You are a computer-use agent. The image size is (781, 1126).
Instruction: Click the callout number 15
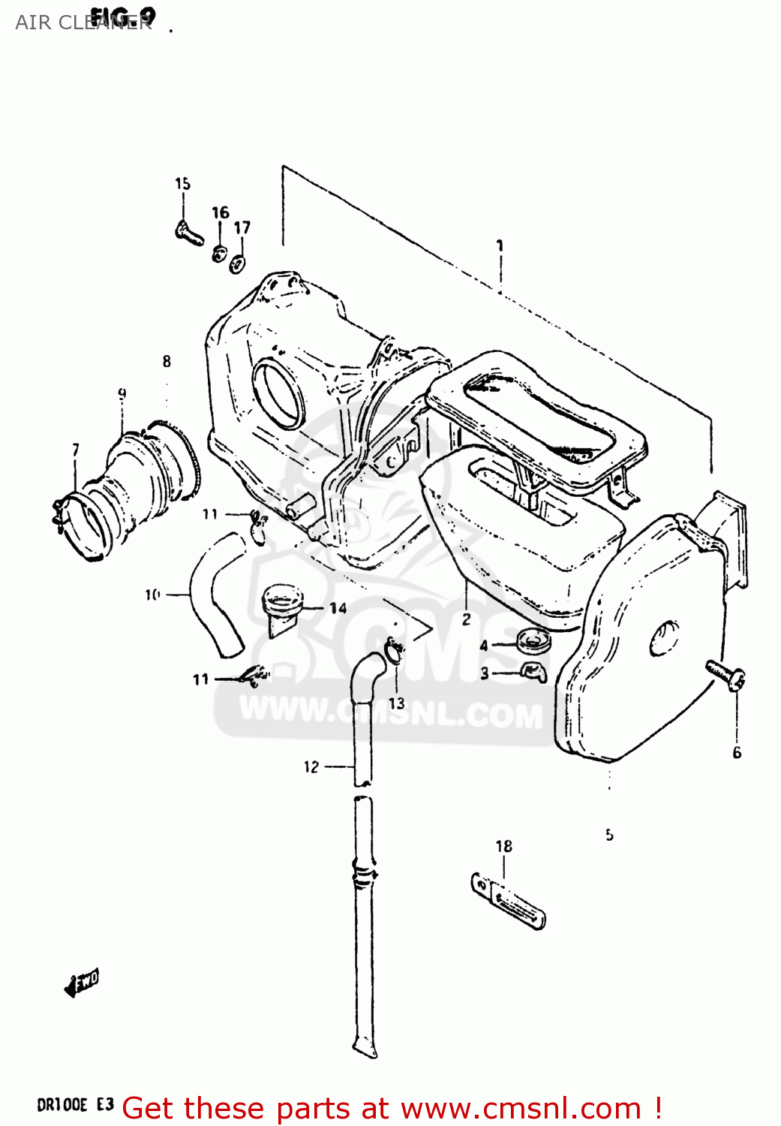pyautogui.click(x=182, y=184)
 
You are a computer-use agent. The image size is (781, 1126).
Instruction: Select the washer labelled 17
pyautogui.click(x=239, y=263)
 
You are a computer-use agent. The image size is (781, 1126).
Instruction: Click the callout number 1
pyautogui.click(x=500, y=245)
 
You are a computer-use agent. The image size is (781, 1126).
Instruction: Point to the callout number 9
pyautogui.click(x=122, y=393)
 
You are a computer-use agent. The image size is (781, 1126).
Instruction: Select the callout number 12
pyautogui.click(x=311, y=766)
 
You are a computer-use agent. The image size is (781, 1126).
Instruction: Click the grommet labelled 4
pyautogui.click(x=533, y=642)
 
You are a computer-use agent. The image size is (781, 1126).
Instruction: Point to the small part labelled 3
pyautogui.click(x=533, y=672)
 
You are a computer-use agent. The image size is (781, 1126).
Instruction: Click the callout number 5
pyautogui.click(x=609, y=834)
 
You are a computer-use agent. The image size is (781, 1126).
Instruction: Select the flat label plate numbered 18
pyautogui.click(x=509, y=900)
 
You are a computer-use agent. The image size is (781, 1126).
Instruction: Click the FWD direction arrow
pyautogui.click(x=81, y=983)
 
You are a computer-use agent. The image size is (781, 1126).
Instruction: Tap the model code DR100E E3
pyautogui.click(x=75, y=1105)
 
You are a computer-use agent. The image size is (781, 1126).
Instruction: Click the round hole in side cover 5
pyautogui.click(x=664, y=638)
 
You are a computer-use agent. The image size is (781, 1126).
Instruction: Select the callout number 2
pyautogui.click(x=466, y=619)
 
